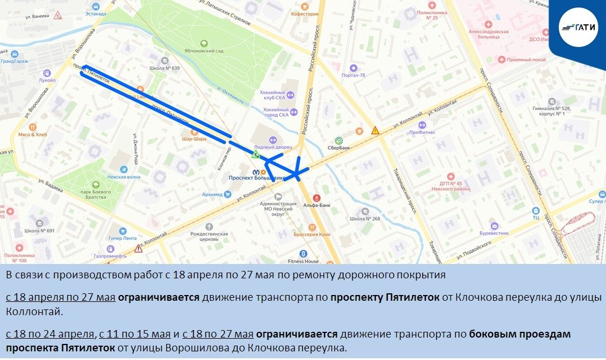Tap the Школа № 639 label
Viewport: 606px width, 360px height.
click(x=165, y=68)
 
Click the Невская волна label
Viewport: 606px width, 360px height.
click(x=124, y=177)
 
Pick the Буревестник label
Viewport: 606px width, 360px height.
click(x=494, y=233)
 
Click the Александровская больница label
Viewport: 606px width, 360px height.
click(x=489, y=34)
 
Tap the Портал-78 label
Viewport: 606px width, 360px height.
click(x=353, y=75)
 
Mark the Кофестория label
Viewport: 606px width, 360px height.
click(x=304, y=14)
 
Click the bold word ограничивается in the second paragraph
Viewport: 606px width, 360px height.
click(x=158, y=298)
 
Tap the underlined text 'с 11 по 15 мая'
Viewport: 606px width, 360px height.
click(x=135, y=334)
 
